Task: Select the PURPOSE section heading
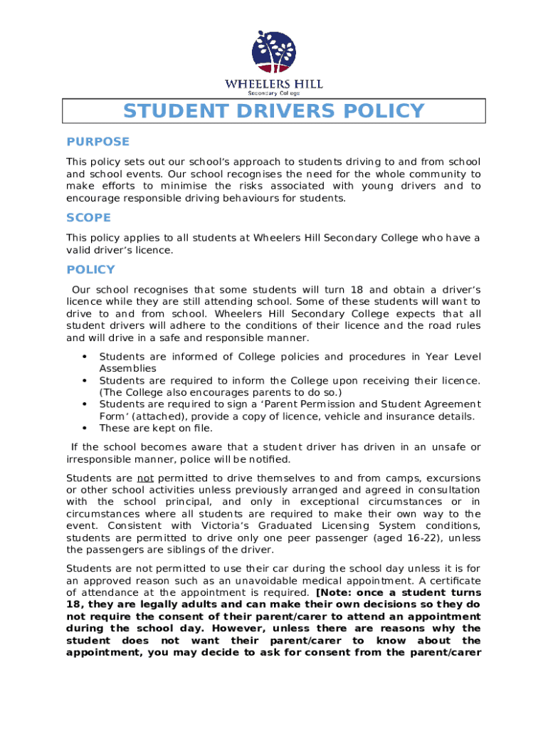pos(98,142)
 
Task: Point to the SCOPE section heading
pos(89,218)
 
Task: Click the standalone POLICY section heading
pos(90,270)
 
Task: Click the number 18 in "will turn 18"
pos(358,290)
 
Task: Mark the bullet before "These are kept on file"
pos(85,429)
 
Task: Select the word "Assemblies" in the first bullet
pos(127,368)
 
